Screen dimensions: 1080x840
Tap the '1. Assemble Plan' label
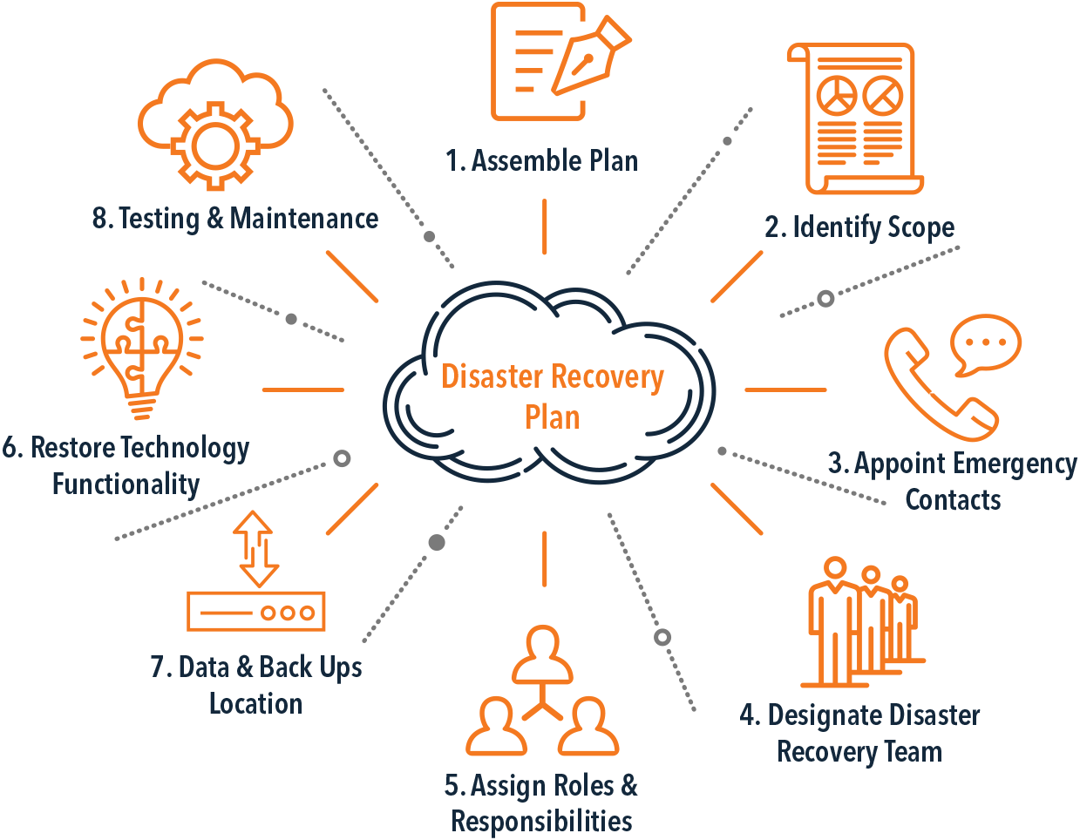click(541, 161)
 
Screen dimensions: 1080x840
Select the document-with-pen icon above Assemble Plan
click(560, 61)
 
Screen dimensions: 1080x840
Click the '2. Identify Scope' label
click(859, 227)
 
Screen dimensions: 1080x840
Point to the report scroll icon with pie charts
click(855, 119)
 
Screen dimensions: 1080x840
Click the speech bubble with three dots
click(986, 344)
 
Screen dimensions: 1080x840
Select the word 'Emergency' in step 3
click(1015, 464)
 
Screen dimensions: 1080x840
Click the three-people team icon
click(863, 622)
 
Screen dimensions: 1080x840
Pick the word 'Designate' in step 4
click(824, 715)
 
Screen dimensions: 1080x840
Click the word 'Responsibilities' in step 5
click(541, 820)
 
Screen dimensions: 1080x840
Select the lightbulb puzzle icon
click(142, 348)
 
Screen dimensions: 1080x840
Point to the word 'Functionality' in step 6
click(126, 484)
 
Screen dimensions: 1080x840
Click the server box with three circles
click(256, 612)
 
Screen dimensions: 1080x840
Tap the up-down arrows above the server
click(256, 549)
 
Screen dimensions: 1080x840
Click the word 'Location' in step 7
click(256, 703)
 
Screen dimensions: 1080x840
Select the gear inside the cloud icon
click(215, 146)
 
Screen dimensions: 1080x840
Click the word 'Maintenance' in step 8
click(304, 219)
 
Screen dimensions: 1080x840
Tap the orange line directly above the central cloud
click(544, 227)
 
